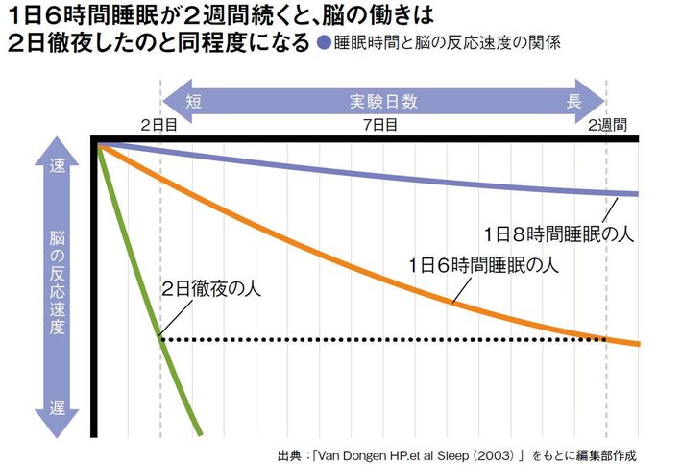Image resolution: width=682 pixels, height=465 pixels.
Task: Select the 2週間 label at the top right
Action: click(607, 125)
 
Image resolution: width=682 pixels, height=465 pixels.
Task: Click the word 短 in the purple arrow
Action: click(193, 99)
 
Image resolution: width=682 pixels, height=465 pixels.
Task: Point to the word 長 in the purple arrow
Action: click(573, 99)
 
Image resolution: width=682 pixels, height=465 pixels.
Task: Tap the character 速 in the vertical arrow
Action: click(56, 164)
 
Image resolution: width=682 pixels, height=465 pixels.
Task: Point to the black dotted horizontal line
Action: click(384, 338)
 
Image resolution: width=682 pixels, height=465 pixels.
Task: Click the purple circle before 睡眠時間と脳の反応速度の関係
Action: click(325, 43)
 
